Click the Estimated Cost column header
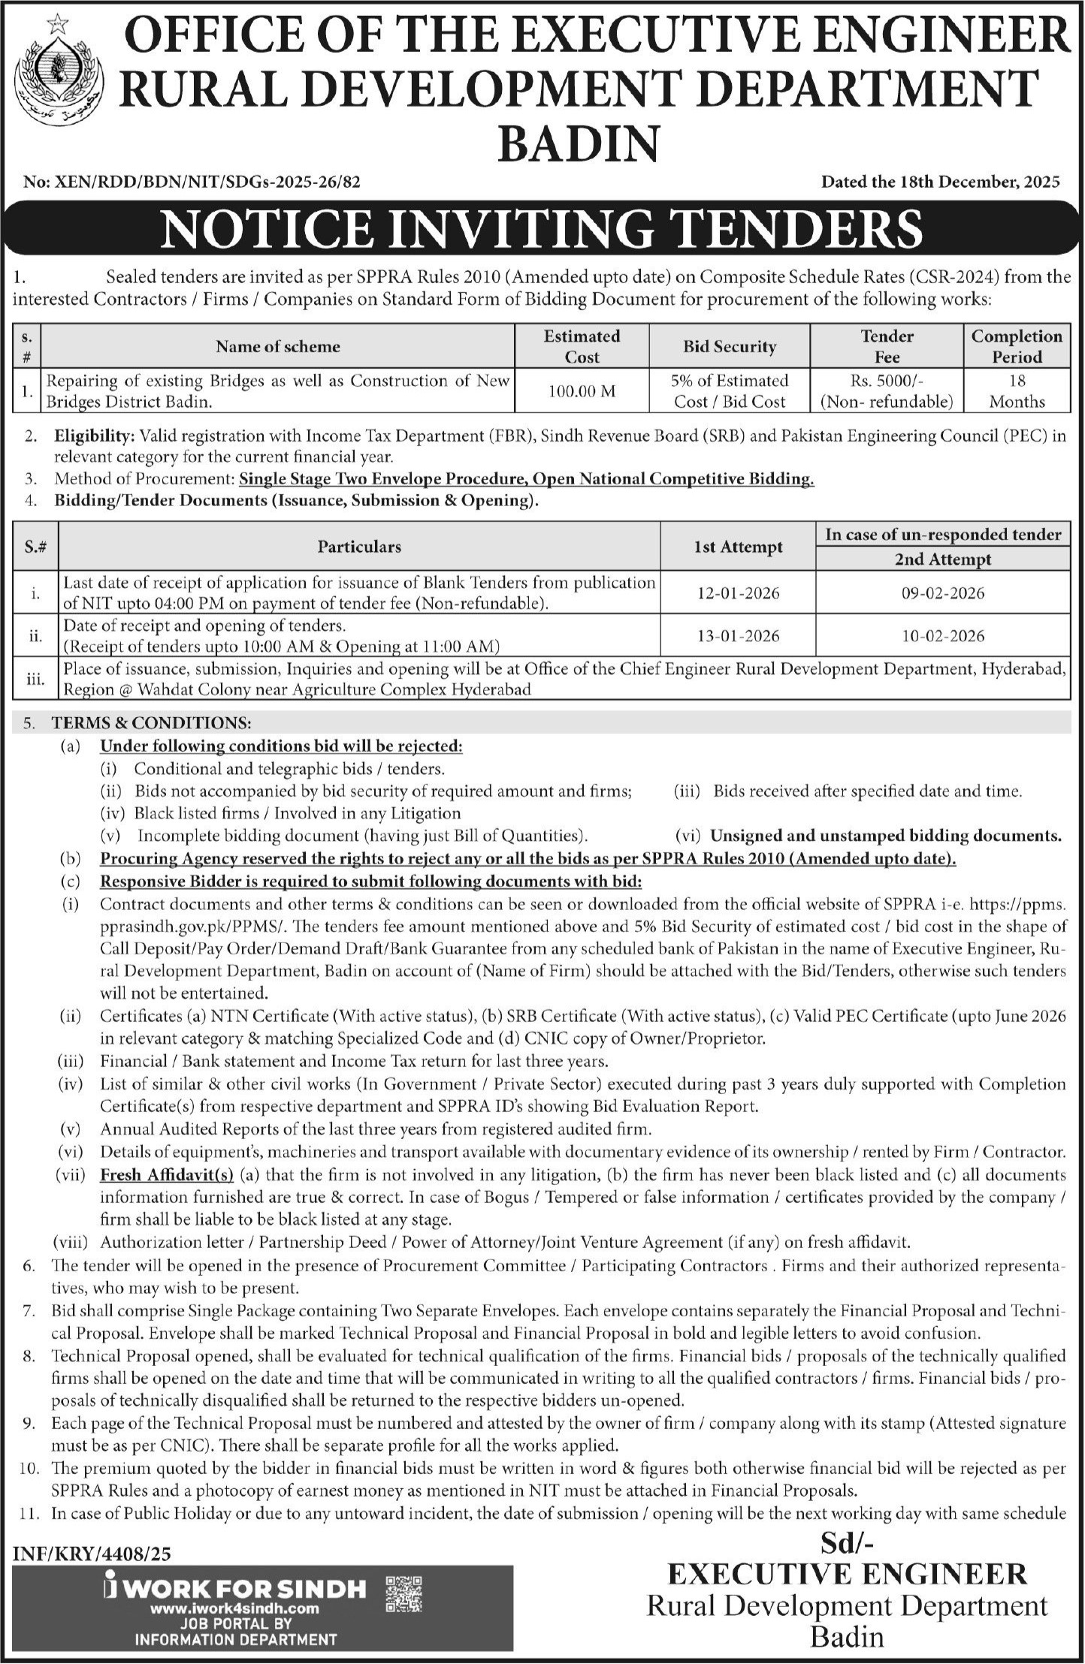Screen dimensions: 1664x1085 pyautogui.click(x=582, y=346)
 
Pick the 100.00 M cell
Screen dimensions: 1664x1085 pyautogui.click(x=582, y=391)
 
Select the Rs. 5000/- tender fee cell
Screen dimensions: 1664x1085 pyautogui.click(x=887, y=391)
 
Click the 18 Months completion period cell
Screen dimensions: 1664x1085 pyautogui.click(x=1017, y=391)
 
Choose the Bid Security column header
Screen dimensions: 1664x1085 pyautogui.click(x=729, y=346)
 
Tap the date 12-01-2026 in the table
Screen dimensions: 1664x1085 pyautogui.click(x=738, y=593)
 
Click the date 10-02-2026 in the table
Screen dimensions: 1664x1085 pyautogui.click(x=942, y=636)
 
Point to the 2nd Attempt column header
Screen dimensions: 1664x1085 pyautogui.click(x=942, y=559)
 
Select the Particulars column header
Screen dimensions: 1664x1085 pyautogui.click(x=359, y=547)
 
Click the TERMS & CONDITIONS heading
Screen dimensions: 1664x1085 pyautogui.click(x=151, y=723)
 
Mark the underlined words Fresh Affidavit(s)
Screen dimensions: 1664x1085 pyautogui.click(x=167, y=1175)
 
